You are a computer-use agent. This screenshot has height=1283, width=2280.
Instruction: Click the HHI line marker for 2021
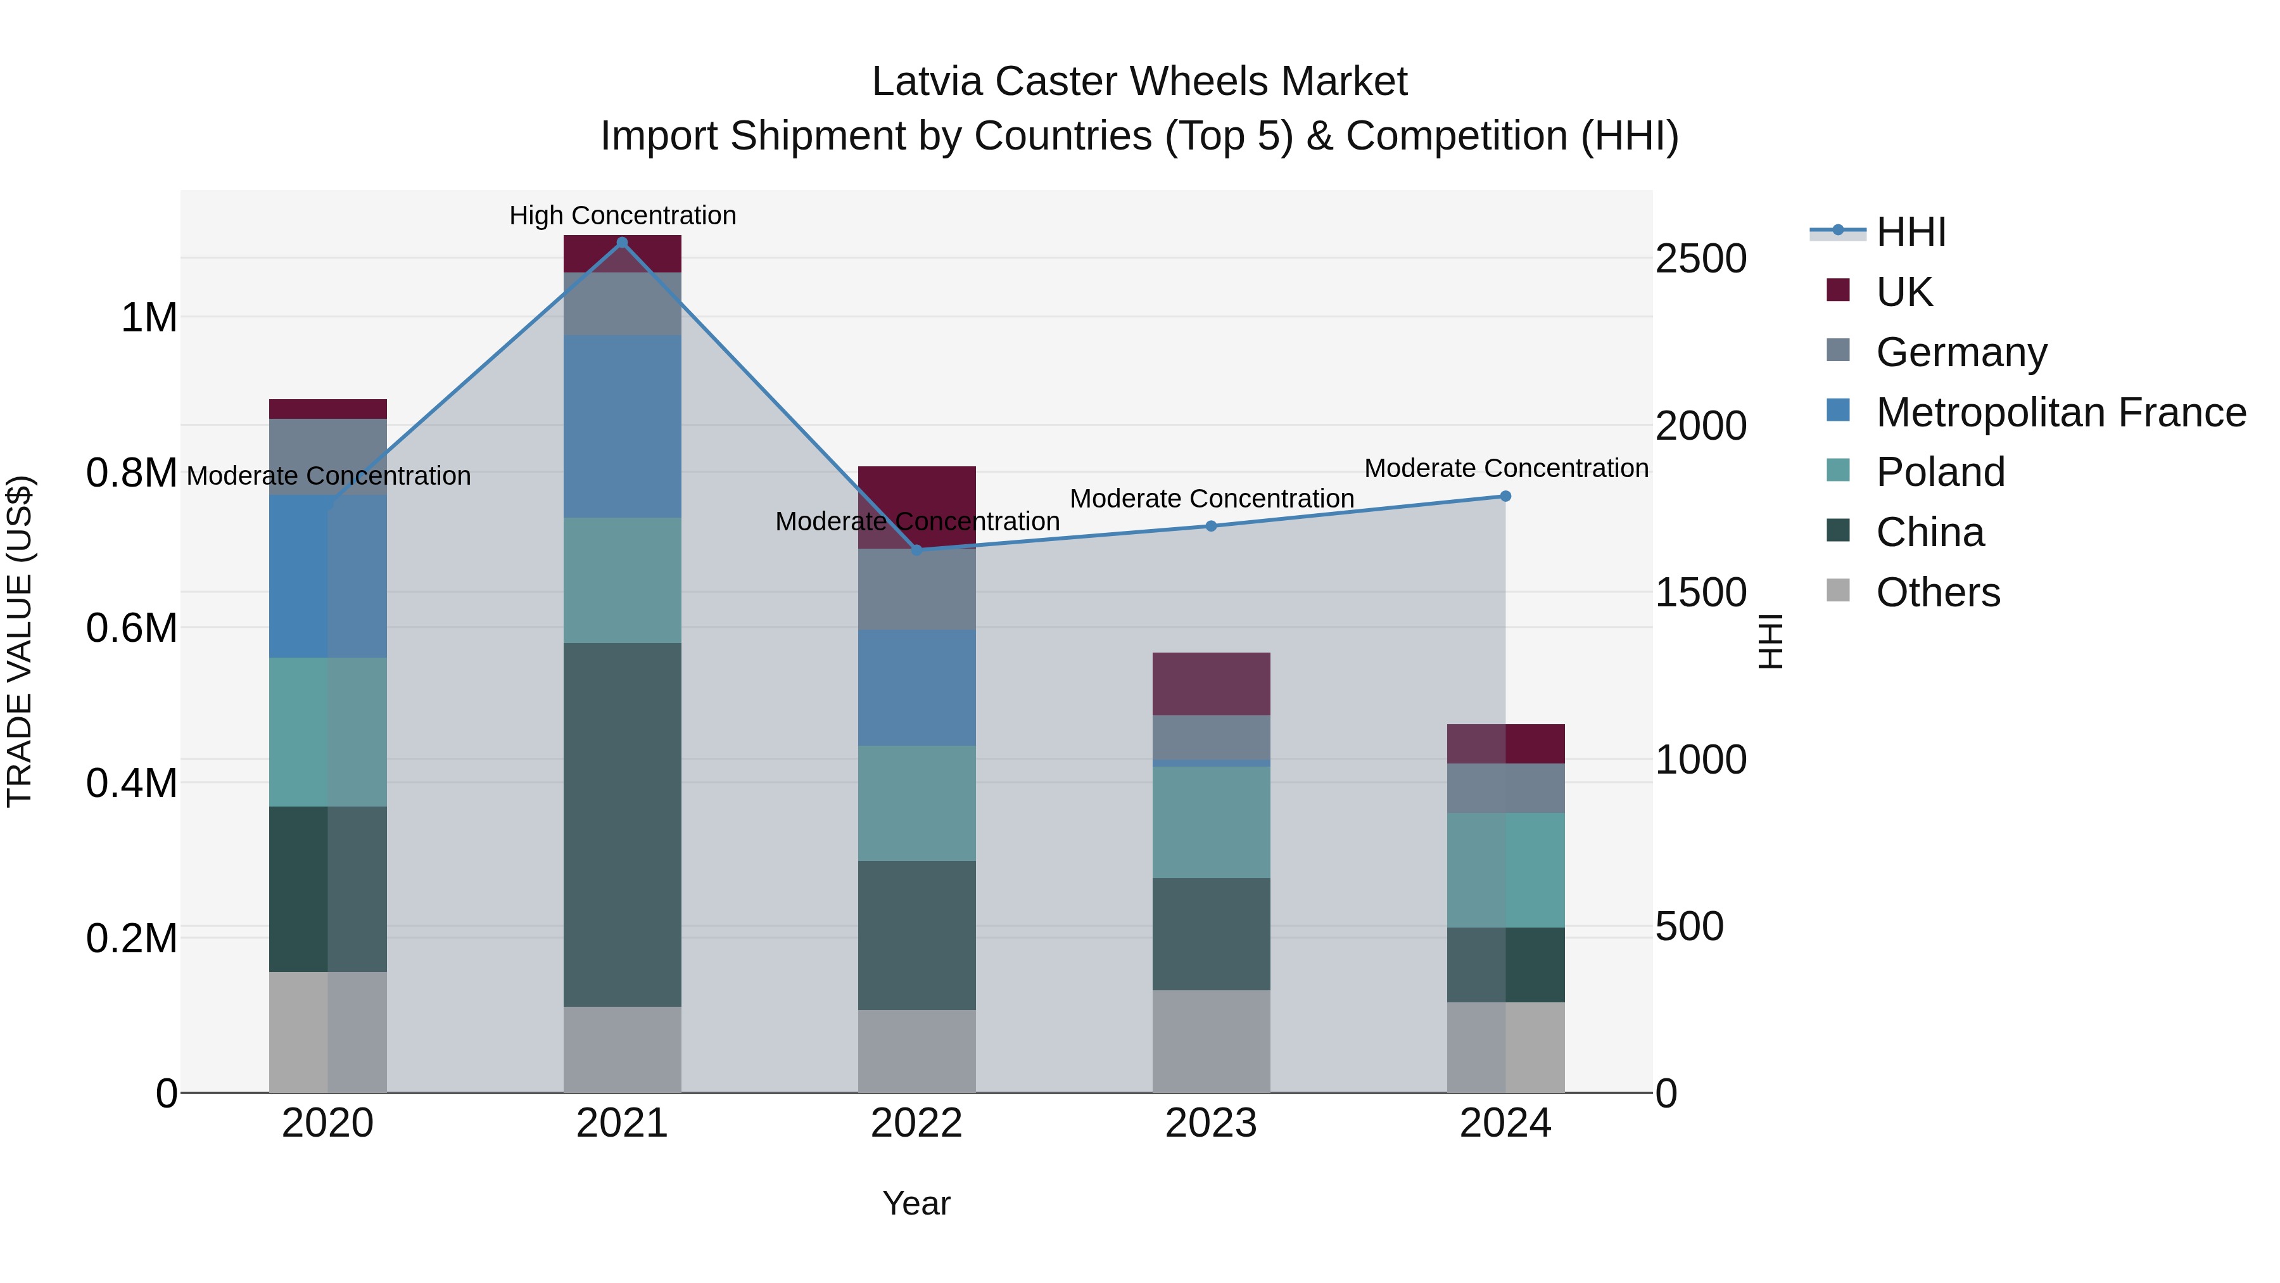(622, 243)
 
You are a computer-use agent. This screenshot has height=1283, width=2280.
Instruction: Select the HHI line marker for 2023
(1211, 526)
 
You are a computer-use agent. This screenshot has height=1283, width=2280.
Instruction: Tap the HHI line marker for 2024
(1505, 497)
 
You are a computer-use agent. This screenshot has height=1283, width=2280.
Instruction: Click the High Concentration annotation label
(622, 215)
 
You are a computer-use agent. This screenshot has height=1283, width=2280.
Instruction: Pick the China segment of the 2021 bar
(622, 824)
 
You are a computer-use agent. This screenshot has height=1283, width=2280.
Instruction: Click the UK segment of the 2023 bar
(1211, 684)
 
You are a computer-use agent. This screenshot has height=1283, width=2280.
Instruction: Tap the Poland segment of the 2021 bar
(622, 580)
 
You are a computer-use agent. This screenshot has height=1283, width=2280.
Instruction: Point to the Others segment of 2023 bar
(1211, 1040)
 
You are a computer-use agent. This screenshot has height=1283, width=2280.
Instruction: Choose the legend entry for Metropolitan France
(2060, 412)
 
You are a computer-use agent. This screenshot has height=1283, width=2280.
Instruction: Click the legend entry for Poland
(1940, 472)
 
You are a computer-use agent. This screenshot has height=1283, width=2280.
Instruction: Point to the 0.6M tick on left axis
(131, 628)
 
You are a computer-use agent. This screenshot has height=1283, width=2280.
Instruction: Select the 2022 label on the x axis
(917, 1123)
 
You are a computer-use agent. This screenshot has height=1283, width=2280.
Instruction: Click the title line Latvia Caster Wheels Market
(1139, 82)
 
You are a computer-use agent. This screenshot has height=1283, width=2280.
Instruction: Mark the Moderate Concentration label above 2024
(1505, 468)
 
